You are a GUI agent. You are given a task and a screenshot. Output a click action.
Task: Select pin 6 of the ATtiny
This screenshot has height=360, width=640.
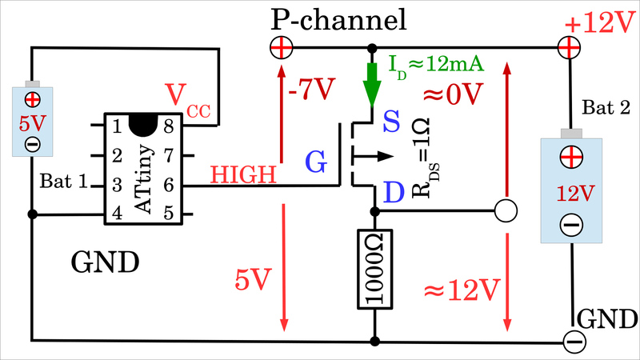(x=169, y=185)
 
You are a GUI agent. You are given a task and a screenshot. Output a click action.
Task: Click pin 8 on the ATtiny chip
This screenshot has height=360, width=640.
(x=169, y=126)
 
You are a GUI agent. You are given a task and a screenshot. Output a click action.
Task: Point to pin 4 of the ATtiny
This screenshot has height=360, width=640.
(x=117, y=214)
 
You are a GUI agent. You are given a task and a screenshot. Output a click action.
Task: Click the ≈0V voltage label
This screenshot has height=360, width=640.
(x=453, y=94)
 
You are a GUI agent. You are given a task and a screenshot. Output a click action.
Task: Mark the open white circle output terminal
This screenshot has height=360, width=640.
(x=504, y=211)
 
